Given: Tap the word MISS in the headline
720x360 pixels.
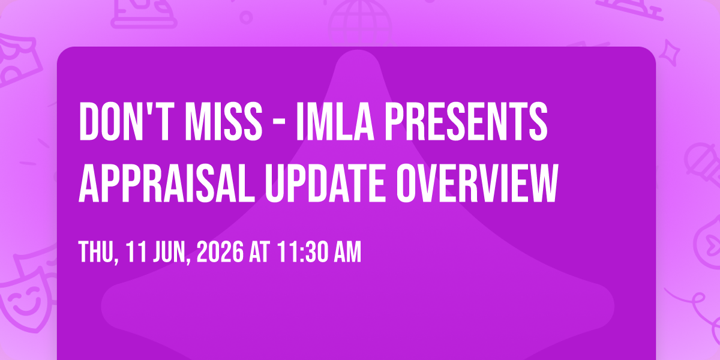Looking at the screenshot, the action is click(224, 121).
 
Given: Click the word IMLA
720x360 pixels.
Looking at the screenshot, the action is click(335, 121).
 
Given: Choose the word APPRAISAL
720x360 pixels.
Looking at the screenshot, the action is click(167, 183).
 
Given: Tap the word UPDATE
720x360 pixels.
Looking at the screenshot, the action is click(325, 183).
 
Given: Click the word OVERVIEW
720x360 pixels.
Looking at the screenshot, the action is click(477, 183).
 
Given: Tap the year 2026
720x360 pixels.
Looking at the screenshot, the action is click(220, 252).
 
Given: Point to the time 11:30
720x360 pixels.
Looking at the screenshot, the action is click(302, 252).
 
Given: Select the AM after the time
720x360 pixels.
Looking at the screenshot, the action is click(348, 252).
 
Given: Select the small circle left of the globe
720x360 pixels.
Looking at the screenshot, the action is click(246, 17).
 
